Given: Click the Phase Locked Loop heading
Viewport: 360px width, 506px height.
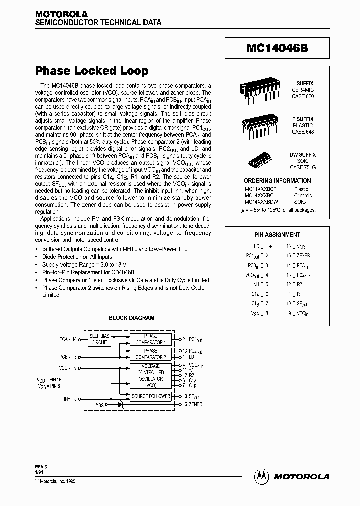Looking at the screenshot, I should click(91, 71).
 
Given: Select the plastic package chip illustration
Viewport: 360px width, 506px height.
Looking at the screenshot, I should click(262, 126).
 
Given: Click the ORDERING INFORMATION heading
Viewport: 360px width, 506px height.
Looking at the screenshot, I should click(277, 181).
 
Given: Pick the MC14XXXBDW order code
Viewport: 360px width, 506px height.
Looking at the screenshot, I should click(261, 202).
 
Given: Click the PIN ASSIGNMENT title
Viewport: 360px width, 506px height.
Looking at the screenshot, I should click(278, 234).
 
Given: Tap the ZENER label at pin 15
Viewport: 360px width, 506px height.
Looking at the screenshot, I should click(303, 255).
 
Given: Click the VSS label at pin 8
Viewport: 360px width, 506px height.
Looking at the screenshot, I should click(254, 313).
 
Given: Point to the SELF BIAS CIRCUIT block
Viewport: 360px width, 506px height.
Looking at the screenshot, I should click(100, 339).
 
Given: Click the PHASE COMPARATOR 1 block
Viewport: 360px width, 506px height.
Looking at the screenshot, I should click(151, 339).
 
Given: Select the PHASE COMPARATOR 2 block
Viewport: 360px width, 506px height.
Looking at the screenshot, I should click(151, 354).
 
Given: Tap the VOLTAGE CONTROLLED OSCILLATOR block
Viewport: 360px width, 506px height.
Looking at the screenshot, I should click(151, 376).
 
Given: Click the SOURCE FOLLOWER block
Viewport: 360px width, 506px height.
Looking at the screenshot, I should click(151, 396).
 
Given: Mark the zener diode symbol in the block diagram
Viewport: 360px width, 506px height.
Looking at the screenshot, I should click(120, 404).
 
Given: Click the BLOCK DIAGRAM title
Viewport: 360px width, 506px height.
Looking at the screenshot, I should click(132, 318).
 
